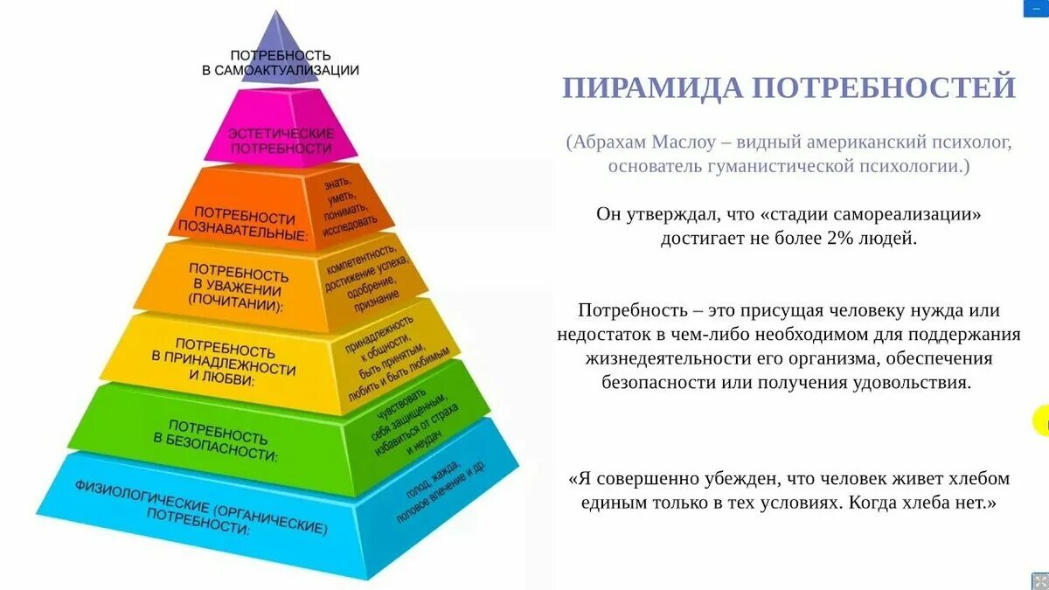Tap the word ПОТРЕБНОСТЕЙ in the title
tap(884, 87)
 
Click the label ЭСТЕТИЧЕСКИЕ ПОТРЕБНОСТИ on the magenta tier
tap(281, 141)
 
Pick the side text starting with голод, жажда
tap(437, 495)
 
